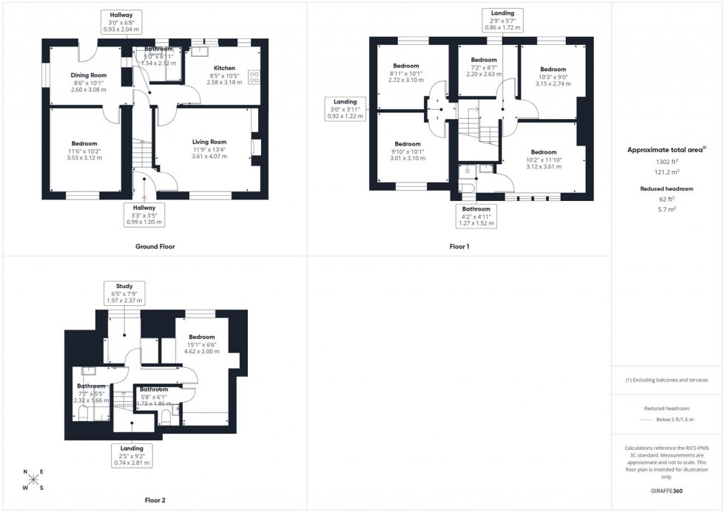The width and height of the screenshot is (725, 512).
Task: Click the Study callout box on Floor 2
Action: click(x=124, y=293)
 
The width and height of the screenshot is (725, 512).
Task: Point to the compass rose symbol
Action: click(x=33, y=479)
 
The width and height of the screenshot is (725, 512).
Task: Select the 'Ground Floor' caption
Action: click(x=155, y=246)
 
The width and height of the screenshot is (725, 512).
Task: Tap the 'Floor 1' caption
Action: click(x=459, y=246)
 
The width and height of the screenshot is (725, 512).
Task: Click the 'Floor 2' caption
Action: click(x=155, y=500)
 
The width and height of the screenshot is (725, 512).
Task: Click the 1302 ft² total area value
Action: click(x=667, y=161)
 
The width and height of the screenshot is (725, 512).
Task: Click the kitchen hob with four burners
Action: click(x=255, y=75)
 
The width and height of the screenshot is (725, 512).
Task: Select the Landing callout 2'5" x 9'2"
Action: click(x=132, y=455)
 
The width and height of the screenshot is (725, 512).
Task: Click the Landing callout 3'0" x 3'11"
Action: click(x=345, y=109)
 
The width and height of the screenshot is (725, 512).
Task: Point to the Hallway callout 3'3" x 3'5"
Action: click(x=144, y=214)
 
